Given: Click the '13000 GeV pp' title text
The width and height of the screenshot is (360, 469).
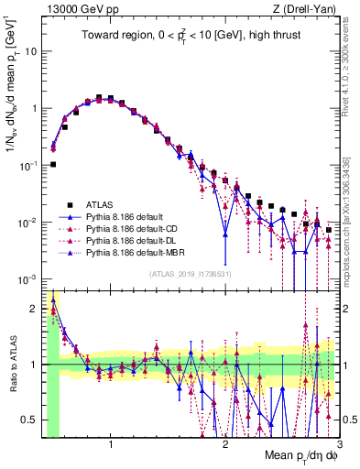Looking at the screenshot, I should tap(76, 9).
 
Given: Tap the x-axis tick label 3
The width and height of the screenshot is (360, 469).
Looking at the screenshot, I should tap(338, 444).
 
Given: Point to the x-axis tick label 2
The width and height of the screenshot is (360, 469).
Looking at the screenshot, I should tap(224, 444).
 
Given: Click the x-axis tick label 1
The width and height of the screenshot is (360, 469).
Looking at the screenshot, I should tap(111, 444).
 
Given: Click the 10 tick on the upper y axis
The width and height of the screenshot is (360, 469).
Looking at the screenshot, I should tap(29, 51).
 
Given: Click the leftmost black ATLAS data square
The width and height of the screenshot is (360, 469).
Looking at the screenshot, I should tap(53, 165).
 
